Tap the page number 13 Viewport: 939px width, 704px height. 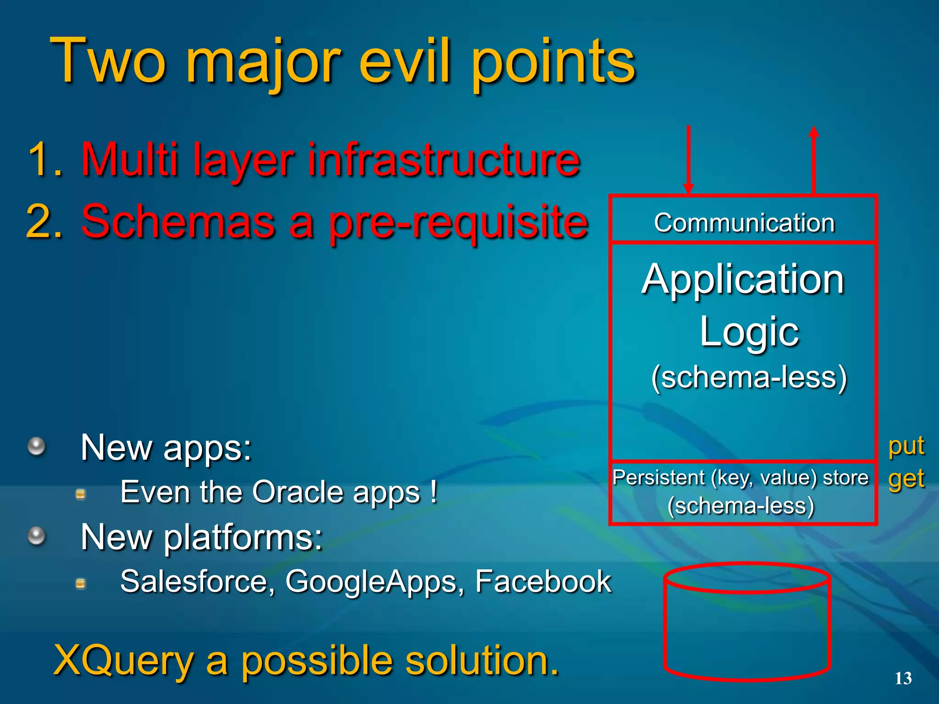coord(903,678)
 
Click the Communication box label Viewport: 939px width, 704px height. coord(744,223)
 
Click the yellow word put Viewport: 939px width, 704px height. coord(906,446)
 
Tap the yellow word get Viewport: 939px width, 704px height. coord(906,479)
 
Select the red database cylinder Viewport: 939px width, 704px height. coord(747,623)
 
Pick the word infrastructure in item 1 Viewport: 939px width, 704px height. coord(443,159)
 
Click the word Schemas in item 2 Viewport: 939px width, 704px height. coord(177,222)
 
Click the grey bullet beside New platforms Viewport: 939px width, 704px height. coord(37,536)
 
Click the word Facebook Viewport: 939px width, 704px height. coord(543,582)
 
